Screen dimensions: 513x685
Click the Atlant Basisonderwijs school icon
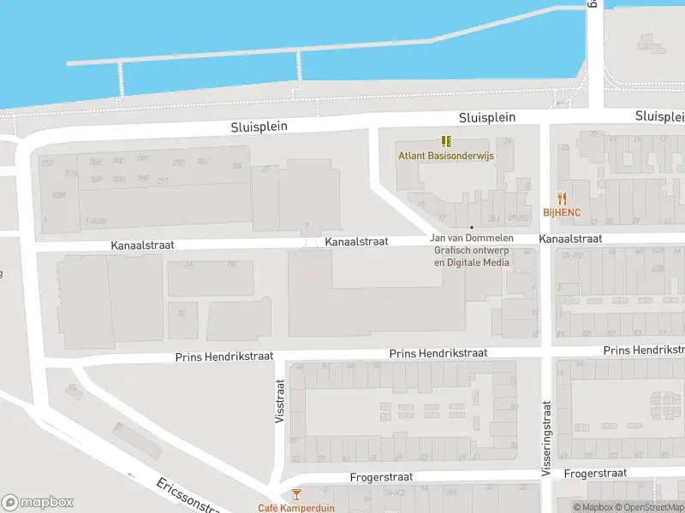click(446, 141)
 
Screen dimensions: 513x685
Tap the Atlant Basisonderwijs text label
click(439, 156)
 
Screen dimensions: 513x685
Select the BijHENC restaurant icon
click(563, 198)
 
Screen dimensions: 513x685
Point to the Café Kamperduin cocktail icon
click(296, 494)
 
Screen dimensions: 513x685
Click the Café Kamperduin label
click(297, 508)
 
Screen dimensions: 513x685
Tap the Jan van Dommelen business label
click(472, 239)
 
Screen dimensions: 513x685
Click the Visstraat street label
click(278, 402)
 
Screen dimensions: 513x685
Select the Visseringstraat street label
click(546, 439)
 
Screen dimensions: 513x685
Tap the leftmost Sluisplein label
click(259, 127)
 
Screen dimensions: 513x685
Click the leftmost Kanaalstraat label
click(142, 245)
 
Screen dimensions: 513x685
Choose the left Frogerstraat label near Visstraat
click(382, 477)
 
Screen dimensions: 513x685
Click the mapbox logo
click(38, 503)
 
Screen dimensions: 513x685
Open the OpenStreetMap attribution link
click(648, 508)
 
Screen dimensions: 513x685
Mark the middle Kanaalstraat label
click(356, 242)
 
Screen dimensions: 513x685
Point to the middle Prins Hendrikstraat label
click(438, 353)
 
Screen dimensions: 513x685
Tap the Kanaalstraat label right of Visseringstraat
click(570, 239)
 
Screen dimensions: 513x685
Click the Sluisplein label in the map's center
click(486, 117)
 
